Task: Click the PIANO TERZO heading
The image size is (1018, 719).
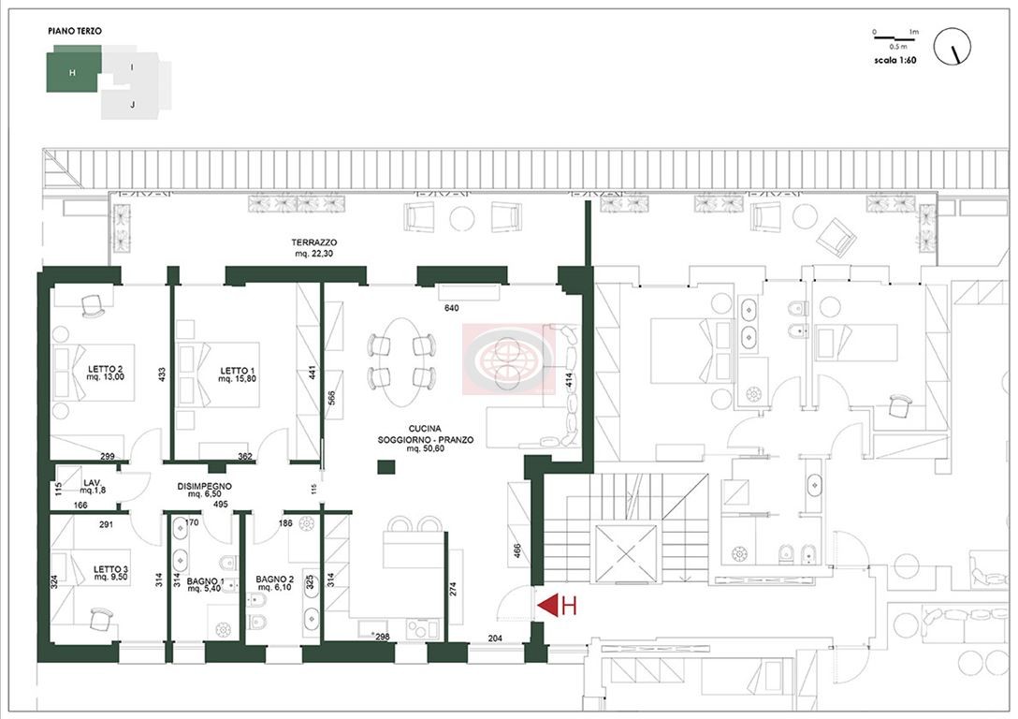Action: tap(75, 31)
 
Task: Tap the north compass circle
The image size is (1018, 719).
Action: tap(952, 46)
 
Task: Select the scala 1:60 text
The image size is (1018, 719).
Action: tap(894, 61)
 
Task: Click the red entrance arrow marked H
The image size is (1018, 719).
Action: tap(547, 606)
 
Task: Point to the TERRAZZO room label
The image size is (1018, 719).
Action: tap(313, 242)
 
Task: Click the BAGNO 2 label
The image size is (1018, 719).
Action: tap(274, 579)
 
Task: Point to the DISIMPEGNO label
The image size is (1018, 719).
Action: tap(205, 486)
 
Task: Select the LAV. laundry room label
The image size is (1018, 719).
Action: tap(92, 482)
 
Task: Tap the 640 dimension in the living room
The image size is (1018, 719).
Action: tap(451, 308)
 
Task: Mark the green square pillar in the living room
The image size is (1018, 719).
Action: tap(386, 467)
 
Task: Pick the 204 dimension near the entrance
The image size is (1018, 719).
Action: tap(495, 638)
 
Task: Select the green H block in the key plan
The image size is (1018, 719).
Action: tap(73, 69)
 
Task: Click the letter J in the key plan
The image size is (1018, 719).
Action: tap(133, 104)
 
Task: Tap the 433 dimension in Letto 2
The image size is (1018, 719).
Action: tap(162, 374)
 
